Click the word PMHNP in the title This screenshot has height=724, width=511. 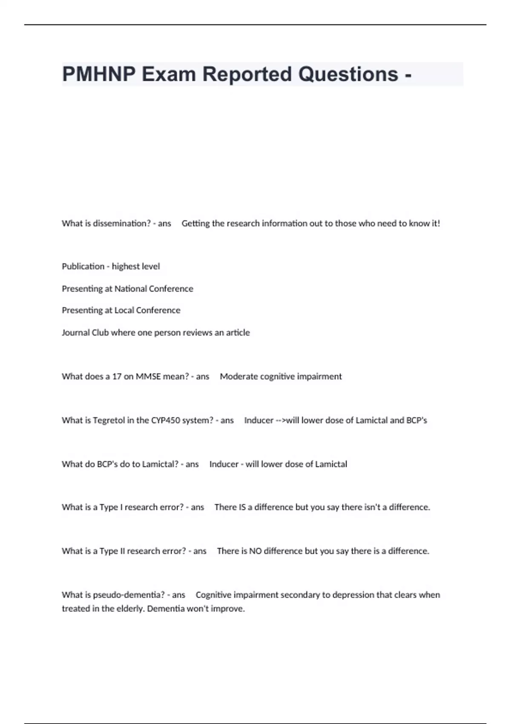(99, 74)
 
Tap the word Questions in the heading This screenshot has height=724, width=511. (348, 74)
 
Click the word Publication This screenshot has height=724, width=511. (83, 266)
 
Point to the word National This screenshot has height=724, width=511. (130, 289)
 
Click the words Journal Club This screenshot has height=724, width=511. (85, 332)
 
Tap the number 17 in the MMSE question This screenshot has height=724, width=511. (117, 376)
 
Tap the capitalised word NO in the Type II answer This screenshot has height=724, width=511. (255, 551)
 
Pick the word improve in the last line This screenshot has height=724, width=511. (230, 609)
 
